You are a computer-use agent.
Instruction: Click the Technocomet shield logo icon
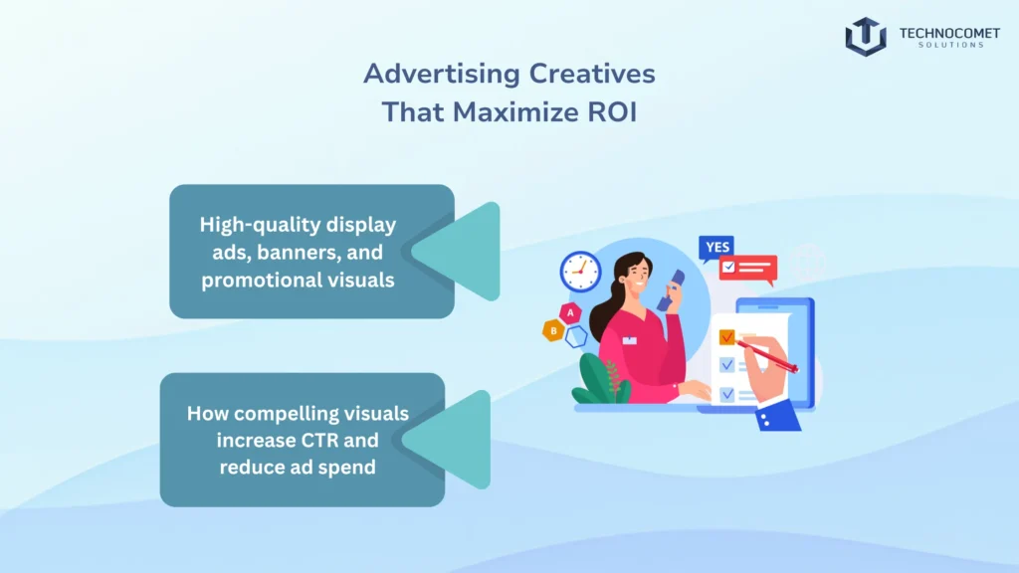[865, 36]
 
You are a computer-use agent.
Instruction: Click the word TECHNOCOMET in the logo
[941, 32]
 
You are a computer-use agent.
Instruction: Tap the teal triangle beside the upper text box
[462, 252]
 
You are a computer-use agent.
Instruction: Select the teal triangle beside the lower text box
[453, 439]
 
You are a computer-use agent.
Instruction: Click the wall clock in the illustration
[580, 271]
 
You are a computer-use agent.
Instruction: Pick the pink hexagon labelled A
[571, 312]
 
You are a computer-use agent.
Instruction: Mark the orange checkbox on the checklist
[726, 337]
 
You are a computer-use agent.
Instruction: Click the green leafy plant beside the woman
[598, 381]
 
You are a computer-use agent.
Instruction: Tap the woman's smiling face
[637, 279]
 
